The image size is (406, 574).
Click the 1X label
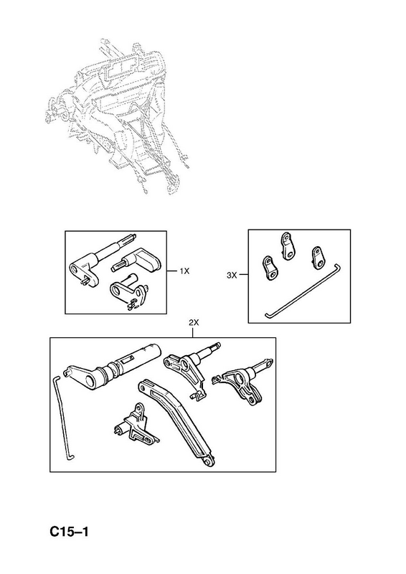tap(184, 271)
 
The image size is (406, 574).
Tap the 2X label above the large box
tap(193, 322)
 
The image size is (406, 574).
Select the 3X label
tap(232, 276)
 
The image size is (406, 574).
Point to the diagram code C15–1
tap(69, 532)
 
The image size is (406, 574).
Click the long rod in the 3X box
tap(303, 291)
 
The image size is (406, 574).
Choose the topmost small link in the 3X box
tap(287, 246)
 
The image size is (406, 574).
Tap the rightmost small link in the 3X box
tap(317, 259)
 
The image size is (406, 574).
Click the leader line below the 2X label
tap(193, 332)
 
